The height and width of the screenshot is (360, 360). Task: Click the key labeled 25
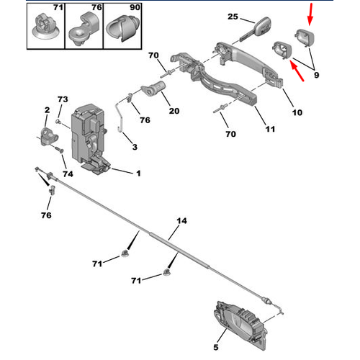[257, 30]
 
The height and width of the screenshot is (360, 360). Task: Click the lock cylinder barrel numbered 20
[153, 89]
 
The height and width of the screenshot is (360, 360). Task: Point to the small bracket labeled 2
[49, 136]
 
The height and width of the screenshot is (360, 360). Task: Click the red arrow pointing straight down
[310, 14]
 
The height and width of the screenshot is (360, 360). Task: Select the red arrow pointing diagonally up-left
[297, 71]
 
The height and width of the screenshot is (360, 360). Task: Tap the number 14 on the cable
[181, 220]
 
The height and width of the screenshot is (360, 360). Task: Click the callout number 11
[270, 129]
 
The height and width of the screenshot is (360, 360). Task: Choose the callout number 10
[297, 112]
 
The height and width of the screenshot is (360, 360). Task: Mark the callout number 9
[317, 75]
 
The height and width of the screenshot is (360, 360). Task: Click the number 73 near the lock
[63, 99]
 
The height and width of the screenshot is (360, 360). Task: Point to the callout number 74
[68, 174]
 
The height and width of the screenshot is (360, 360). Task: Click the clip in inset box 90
[123, 28]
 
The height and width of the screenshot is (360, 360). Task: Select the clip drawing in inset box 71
[45, 27]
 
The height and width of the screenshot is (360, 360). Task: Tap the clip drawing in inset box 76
[84, 30]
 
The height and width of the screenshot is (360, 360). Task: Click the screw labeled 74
[59, 149]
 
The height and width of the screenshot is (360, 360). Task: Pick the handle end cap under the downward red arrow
[305, 38]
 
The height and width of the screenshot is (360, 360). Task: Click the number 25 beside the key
[233, 17]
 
